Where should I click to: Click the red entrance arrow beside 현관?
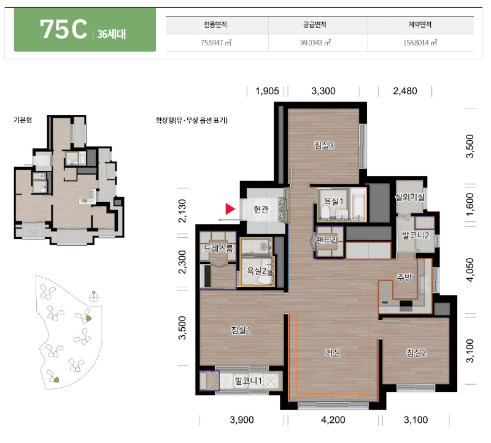230,209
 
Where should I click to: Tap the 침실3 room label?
324,145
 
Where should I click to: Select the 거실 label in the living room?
333,353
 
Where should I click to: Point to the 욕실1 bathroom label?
333,202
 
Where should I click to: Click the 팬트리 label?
327,240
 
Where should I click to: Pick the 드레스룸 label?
218,249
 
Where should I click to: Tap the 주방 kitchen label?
404,278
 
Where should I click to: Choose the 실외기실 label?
409,197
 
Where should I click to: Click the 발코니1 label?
249,381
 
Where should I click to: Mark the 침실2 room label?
417,353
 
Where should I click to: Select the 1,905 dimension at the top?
267,91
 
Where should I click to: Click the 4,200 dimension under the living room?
333,420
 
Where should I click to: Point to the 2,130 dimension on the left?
182,211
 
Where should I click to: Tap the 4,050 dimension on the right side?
470,270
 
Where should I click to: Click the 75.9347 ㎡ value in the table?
216,42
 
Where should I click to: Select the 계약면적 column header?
420,25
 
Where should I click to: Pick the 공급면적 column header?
315,25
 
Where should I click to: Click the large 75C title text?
64,29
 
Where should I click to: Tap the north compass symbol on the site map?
94,297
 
